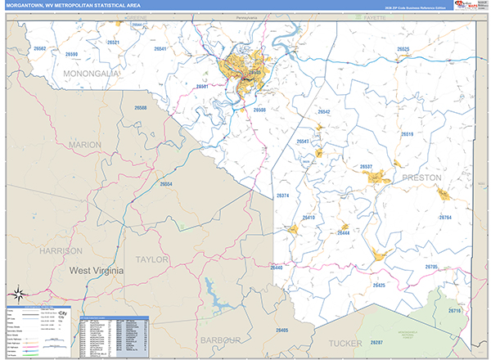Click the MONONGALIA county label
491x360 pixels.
pos(92,74)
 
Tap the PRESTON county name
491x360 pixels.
pos(421,177)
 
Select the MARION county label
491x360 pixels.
pos(85,145)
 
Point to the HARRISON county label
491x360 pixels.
pos(62,250)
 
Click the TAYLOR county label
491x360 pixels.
pos(151,259)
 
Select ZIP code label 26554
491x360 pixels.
pos(166,184)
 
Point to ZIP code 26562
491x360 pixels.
pos(40,49)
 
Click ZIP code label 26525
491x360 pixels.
pos(403,49)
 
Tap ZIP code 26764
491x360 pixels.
pos(445,218)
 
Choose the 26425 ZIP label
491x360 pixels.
pos(378,285)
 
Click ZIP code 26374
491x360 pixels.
pos(283,196)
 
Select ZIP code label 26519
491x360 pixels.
pos(407,133)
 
